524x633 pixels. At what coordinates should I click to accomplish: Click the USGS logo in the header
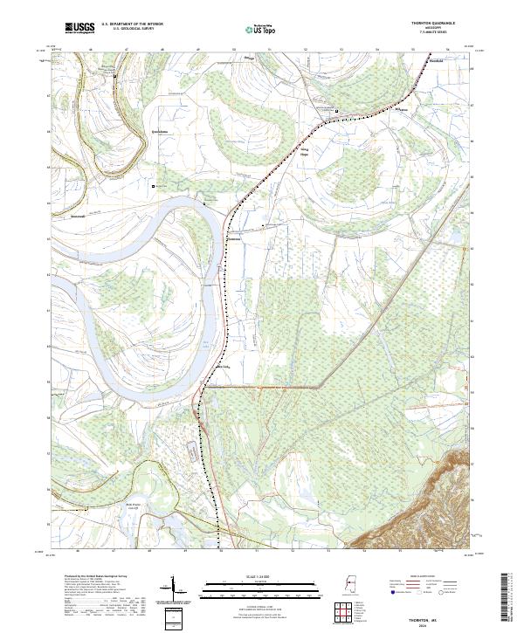[80, 28]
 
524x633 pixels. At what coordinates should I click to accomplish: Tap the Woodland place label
[436, 62]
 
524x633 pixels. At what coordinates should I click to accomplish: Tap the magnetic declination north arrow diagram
[168, 589]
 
